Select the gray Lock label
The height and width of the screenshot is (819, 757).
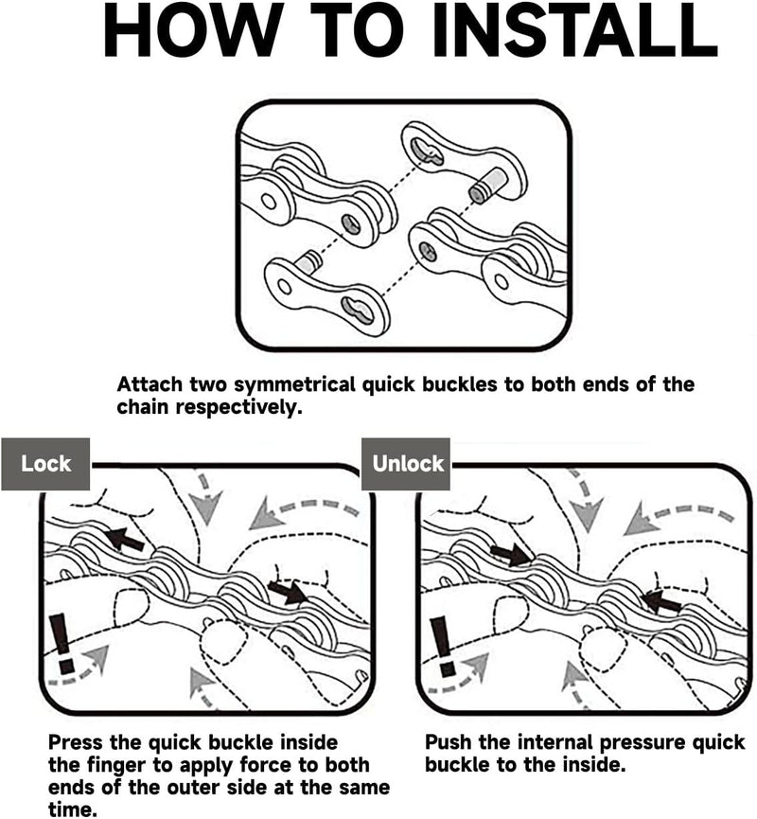click(46, 463)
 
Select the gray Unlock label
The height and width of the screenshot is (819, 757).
click(408, 463)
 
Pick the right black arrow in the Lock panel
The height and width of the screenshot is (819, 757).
click(288, 592)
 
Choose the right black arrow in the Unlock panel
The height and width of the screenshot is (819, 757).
click(661, 600)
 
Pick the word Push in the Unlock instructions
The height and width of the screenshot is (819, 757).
click(449, 741)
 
